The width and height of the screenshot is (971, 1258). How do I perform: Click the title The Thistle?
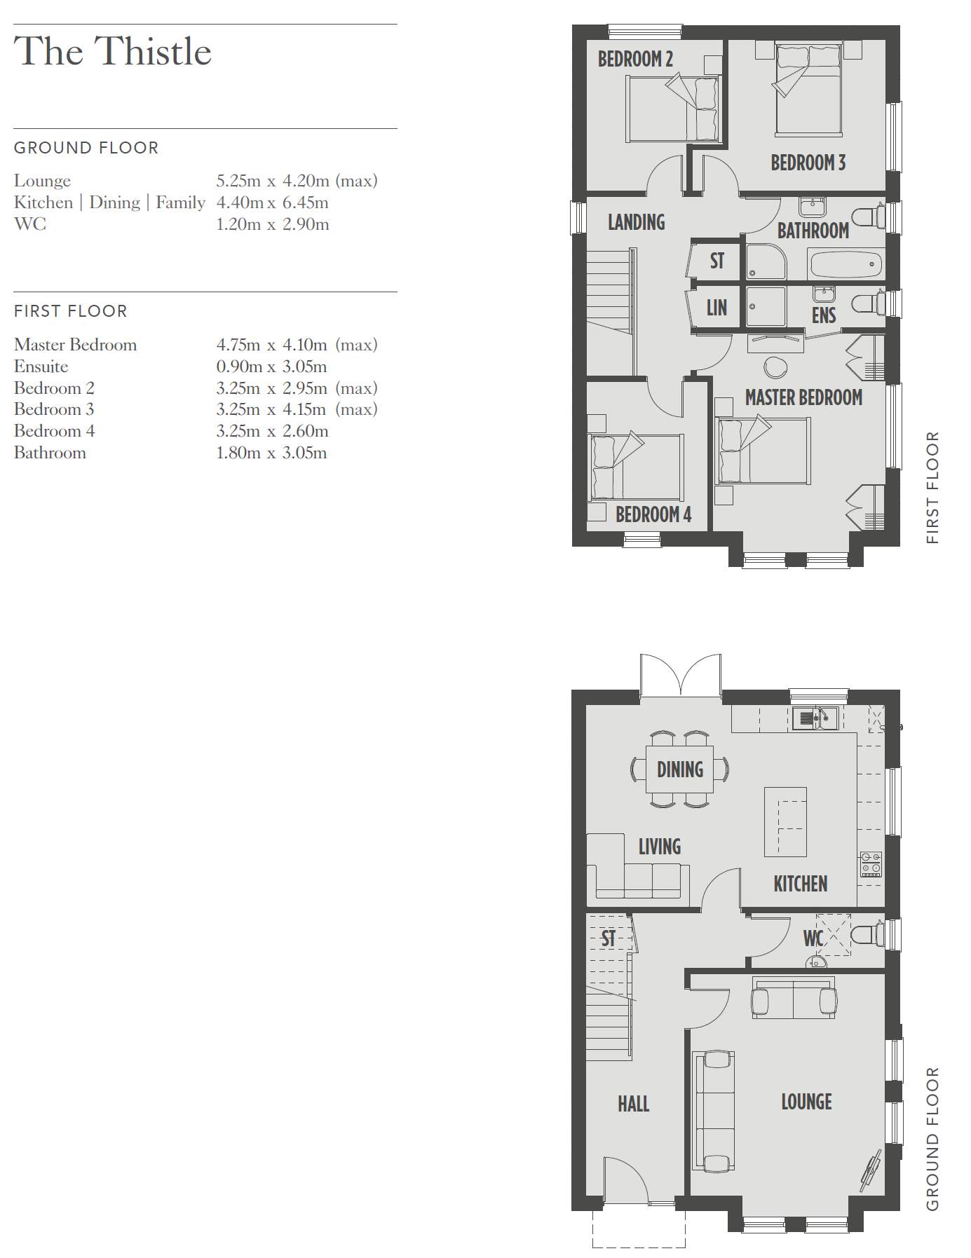tap(113, 51)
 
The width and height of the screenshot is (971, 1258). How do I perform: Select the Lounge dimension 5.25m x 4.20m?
tap(273, 181)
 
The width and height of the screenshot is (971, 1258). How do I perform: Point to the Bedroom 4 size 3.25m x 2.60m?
tap(272, 431)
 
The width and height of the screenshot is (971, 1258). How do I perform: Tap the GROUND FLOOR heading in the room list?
tap(86, 148)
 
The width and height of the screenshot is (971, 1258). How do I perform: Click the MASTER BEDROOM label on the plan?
tap(803, 398)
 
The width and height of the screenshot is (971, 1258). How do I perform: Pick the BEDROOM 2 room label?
tap(635, 59)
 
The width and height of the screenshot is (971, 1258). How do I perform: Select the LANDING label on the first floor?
tap(636, 222)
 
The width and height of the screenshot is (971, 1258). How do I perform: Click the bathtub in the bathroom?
tap(846, 265)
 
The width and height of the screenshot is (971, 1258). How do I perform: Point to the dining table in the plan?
tap(679, 769)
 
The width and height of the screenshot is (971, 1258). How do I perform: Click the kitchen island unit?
tap(785, 821)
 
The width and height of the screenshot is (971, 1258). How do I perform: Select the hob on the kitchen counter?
tap(871, 865)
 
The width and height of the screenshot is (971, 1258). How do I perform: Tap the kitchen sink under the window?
tap(815, 718)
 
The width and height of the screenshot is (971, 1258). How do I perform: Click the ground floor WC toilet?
tap(867, 935)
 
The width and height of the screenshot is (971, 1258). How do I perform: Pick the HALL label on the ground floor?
tap(633, 1104)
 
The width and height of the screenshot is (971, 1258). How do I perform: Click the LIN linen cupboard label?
tap(717, 308)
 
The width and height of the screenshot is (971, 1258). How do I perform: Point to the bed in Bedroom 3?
tap(808, 89)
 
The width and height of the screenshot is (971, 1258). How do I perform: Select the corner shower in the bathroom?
tap(766, 262)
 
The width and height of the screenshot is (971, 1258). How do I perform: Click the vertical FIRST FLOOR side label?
tap(932, 488)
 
